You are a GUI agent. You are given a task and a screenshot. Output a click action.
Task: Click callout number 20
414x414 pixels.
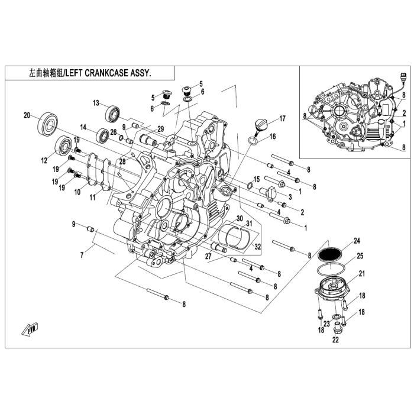pos(27,115)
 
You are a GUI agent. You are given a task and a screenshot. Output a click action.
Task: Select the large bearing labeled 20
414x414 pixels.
pos(48,123)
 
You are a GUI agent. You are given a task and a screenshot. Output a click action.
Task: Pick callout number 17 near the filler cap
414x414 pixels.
pos(283,118)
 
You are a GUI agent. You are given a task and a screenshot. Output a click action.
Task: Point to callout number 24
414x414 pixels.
pos(357,240)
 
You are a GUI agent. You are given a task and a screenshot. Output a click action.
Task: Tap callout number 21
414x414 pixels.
pos(360,273)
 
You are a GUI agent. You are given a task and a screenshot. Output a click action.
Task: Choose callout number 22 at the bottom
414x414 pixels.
pos(335,340)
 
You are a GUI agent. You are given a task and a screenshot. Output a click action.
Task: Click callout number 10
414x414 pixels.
pos(77,192)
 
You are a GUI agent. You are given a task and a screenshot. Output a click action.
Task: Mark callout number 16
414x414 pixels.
pos(273,137)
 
